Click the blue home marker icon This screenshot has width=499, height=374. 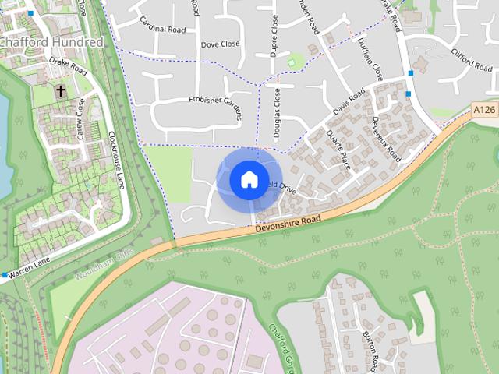(x=248, y=180)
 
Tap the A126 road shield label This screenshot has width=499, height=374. (x=484, y=111)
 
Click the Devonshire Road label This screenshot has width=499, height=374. (x=288, y=222)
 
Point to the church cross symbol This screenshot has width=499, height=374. (x=60, y=92)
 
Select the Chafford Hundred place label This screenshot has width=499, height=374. (x=51, y=41)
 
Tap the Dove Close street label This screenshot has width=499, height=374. (x=221, y=45)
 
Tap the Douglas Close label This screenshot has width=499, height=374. (x=278, y=113)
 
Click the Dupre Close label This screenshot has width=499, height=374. (x=274, y=35)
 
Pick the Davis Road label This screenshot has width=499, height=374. (x=349, y=104)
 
